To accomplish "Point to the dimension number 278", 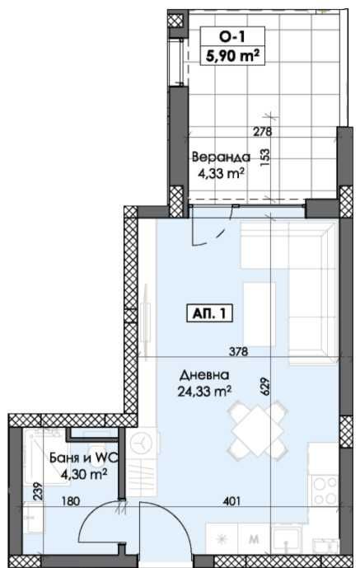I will pos(262,131).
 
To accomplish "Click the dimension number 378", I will pos(237,352).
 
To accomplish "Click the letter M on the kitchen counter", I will pos(253,541).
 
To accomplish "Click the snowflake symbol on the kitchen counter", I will pos(220,540).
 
